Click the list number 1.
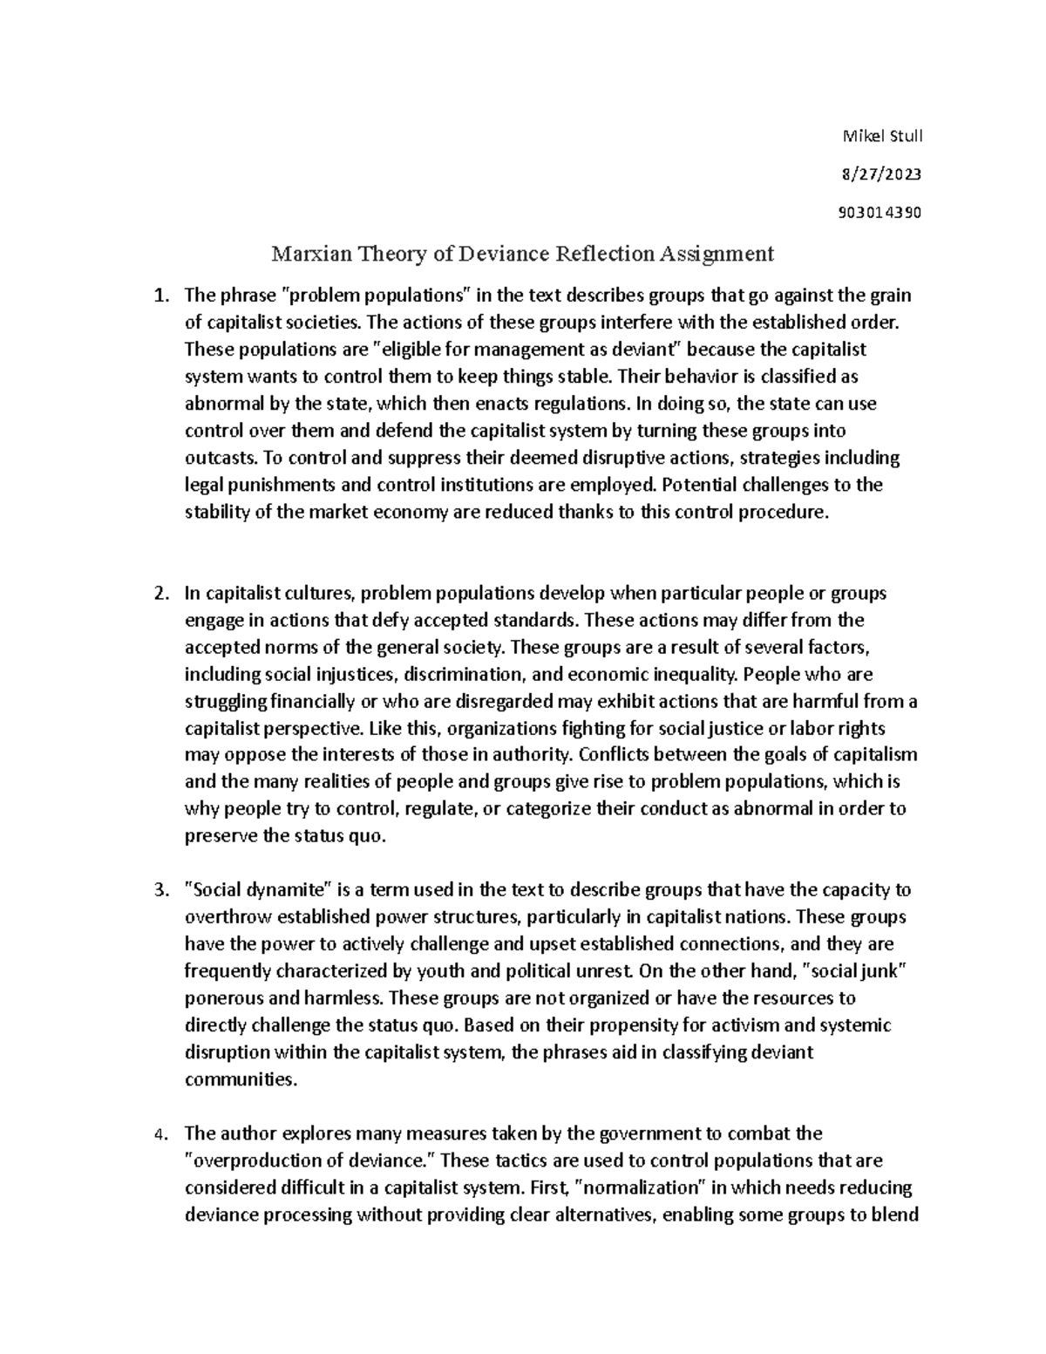click(159, 296)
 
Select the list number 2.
click(159, 594)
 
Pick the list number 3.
click(159, 890)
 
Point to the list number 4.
click(159, 1134)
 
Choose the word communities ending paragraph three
click(241, 1079)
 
